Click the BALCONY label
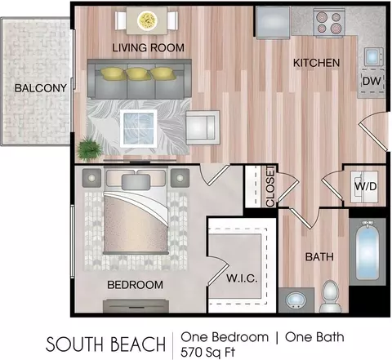tap(41, 88)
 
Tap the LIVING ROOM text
tap(149, 48)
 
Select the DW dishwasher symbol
tap(372, 82)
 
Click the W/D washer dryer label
tap(366, 186)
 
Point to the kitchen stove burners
tap(329, 22)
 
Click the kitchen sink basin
tap(373, 57)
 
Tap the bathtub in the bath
tap(367, 251)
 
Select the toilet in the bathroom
tap(331, 297)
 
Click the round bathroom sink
tap(296, 300)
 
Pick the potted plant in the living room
tap(89, 149)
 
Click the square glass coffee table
tap(139, 128)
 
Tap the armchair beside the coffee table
tap(203, 127)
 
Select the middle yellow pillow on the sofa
tap(138, 74)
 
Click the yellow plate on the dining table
tap(147, 20)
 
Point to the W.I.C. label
tap(242, 278)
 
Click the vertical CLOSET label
tap(270, 187)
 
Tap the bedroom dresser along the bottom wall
tap(136, 306)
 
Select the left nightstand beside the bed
tap(91, 178)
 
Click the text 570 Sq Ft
tap(207, 353)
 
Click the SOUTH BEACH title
tap(106, 344)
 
